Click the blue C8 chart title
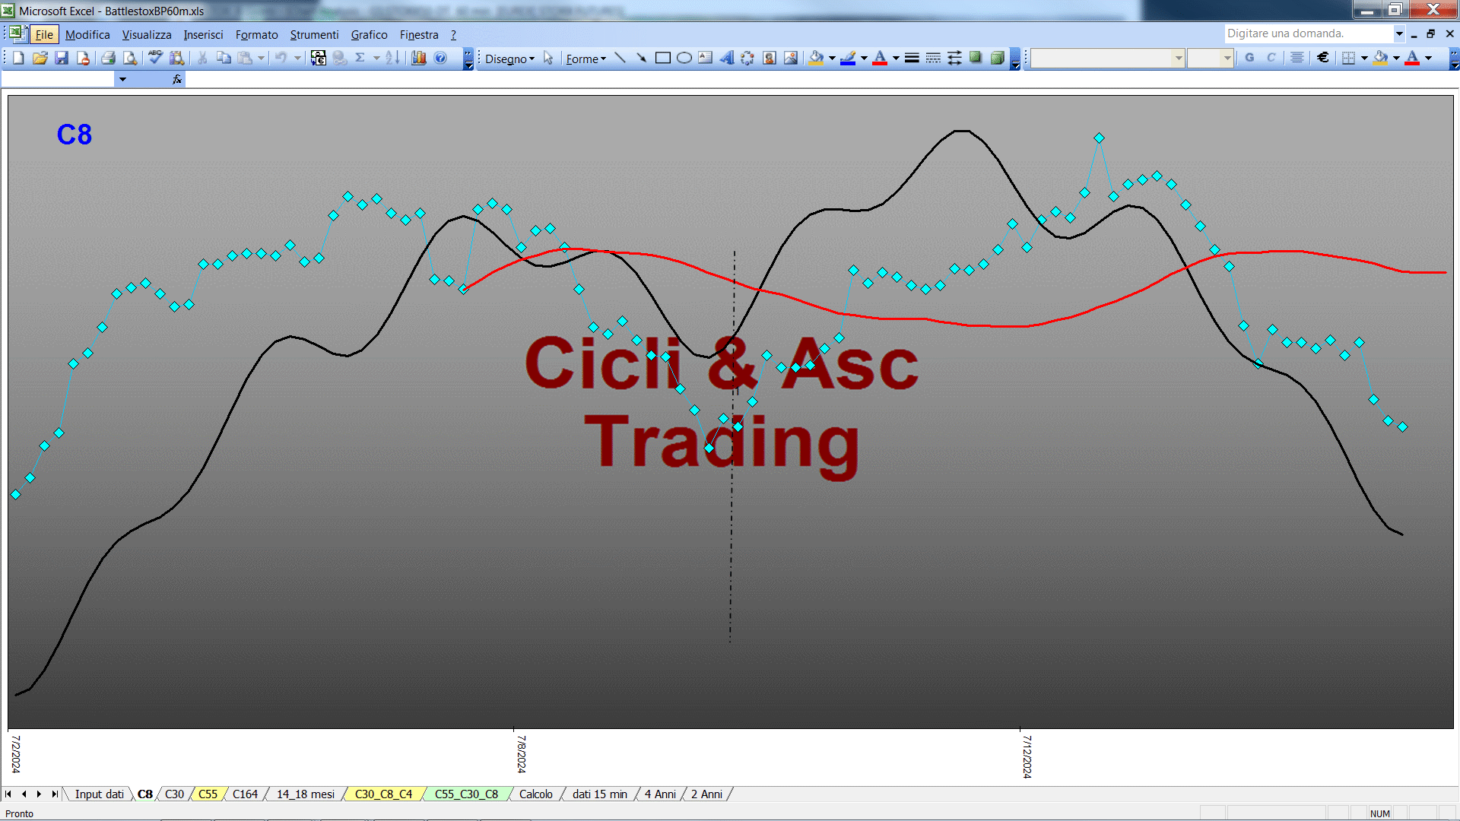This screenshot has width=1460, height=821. (x=74, y=135)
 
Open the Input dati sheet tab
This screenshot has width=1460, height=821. (x=99, y=794)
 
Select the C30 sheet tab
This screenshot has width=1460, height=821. (x=174, y=794)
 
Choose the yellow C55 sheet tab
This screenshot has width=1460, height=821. (x=208, y=794)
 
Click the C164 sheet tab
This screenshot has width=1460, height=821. (x=245, y=794)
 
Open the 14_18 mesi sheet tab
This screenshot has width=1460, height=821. (x=305, y=794)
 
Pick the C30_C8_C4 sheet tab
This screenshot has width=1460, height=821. (x=383, y=794)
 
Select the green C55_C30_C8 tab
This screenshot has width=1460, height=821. (x=466, y=794)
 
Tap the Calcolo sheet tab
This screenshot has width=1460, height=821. (x=535, y=794)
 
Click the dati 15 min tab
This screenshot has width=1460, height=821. (x=599, y=794)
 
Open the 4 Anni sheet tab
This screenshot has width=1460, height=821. (x=660, y=794)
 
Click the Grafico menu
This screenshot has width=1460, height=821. (x=369, y=35)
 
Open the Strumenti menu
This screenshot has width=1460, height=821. (x=314, y=35)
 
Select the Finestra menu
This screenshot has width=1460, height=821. (x=419, y=35)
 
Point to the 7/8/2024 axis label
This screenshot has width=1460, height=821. (x=521, y=753)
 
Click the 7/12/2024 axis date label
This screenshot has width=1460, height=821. (x=1027, y=756)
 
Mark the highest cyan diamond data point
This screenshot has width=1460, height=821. (x=1099, y=138)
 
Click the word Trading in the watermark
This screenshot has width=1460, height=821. (x=722, y=443)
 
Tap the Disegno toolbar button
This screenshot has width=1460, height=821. (x=509, y=59)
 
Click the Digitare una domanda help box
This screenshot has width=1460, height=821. (x=1308, y=33)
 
